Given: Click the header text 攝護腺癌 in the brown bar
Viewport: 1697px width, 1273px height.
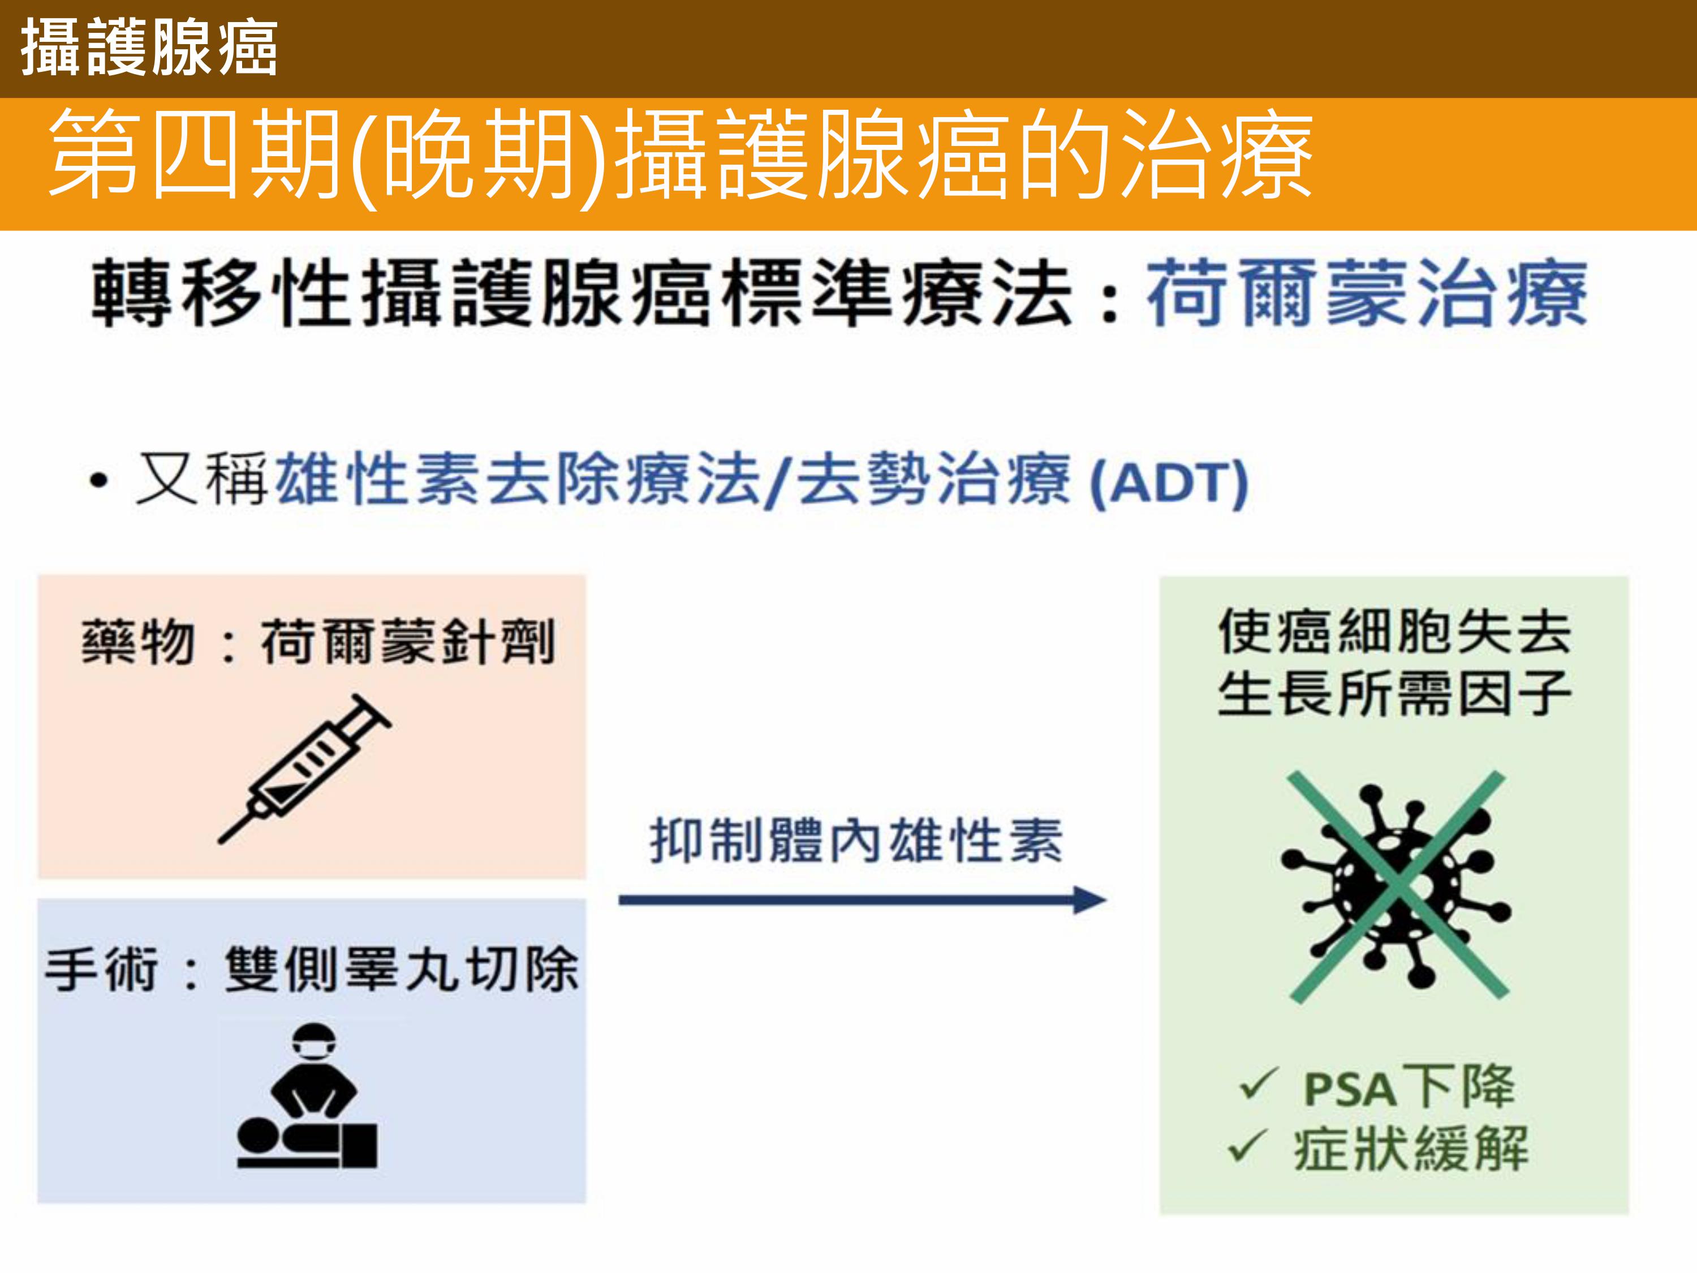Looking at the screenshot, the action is point(149,49).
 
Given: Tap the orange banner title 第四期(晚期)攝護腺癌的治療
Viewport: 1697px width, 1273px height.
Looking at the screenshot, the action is point(680,156).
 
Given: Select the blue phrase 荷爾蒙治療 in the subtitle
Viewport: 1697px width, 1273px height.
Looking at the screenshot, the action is point(1366,293).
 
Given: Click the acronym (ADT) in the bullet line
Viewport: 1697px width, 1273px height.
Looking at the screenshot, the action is point(1169,483).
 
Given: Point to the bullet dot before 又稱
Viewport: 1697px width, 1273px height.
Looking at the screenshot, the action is point(98,483).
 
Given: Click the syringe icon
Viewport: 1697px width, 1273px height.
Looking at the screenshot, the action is point(304,769).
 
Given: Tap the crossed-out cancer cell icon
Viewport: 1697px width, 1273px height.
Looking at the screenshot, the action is point(1396,888).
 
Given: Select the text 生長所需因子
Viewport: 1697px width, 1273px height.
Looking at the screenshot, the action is point(1395,693).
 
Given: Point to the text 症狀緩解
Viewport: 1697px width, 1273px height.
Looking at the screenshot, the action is point(1411,1149).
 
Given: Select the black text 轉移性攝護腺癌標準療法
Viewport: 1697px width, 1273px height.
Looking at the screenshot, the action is point(582,293).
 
